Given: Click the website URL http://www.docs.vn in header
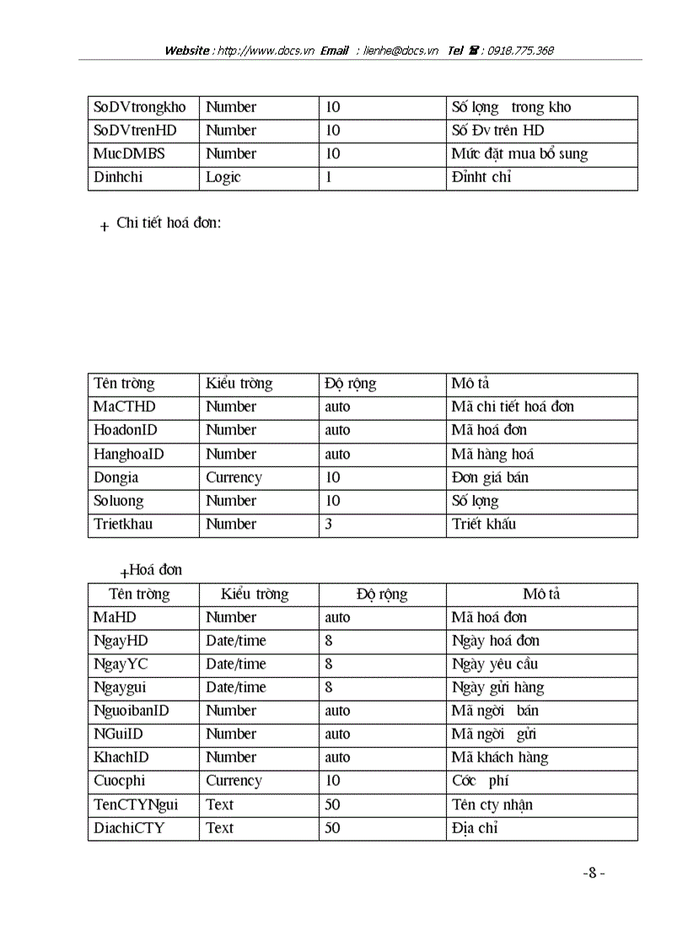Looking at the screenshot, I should (266, 51).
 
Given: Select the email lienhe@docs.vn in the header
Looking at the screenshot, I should (400, 51).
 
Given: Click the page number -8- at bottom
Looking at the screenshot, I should (594, 874).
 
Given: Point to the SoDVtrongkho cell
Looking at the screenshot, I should (139, 107).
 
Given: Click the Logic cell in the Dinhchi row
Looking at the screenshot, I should (223, 177).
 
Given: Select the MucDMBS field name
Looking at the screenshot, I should (129, 153).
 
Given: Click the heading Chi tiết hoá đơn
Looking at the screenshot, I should (169, 223).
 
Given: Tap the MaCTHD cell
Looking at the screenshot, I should (125, 406).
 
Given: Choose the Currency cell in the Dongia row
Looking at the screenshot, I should (234, 477).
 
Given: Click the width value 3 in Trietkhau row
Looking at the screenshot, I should (329, 524).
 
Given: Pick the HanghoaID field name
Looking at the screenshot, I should (129, 454).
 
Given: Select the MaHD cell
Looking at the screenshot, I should (115, 617).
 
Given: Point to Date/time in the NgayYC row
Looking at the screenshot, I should (235, 664).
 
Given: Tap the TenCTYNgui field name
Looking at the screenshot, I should (136, 804).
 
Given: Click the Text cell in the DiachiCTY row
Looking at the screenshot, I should (220, 828).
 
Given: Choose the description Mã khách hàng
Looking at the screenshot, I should (499, 757).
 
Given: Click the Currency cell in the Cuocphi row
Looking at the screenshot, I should (234, 781).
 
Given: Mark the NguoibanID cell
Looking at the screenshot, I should (131, 711).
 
